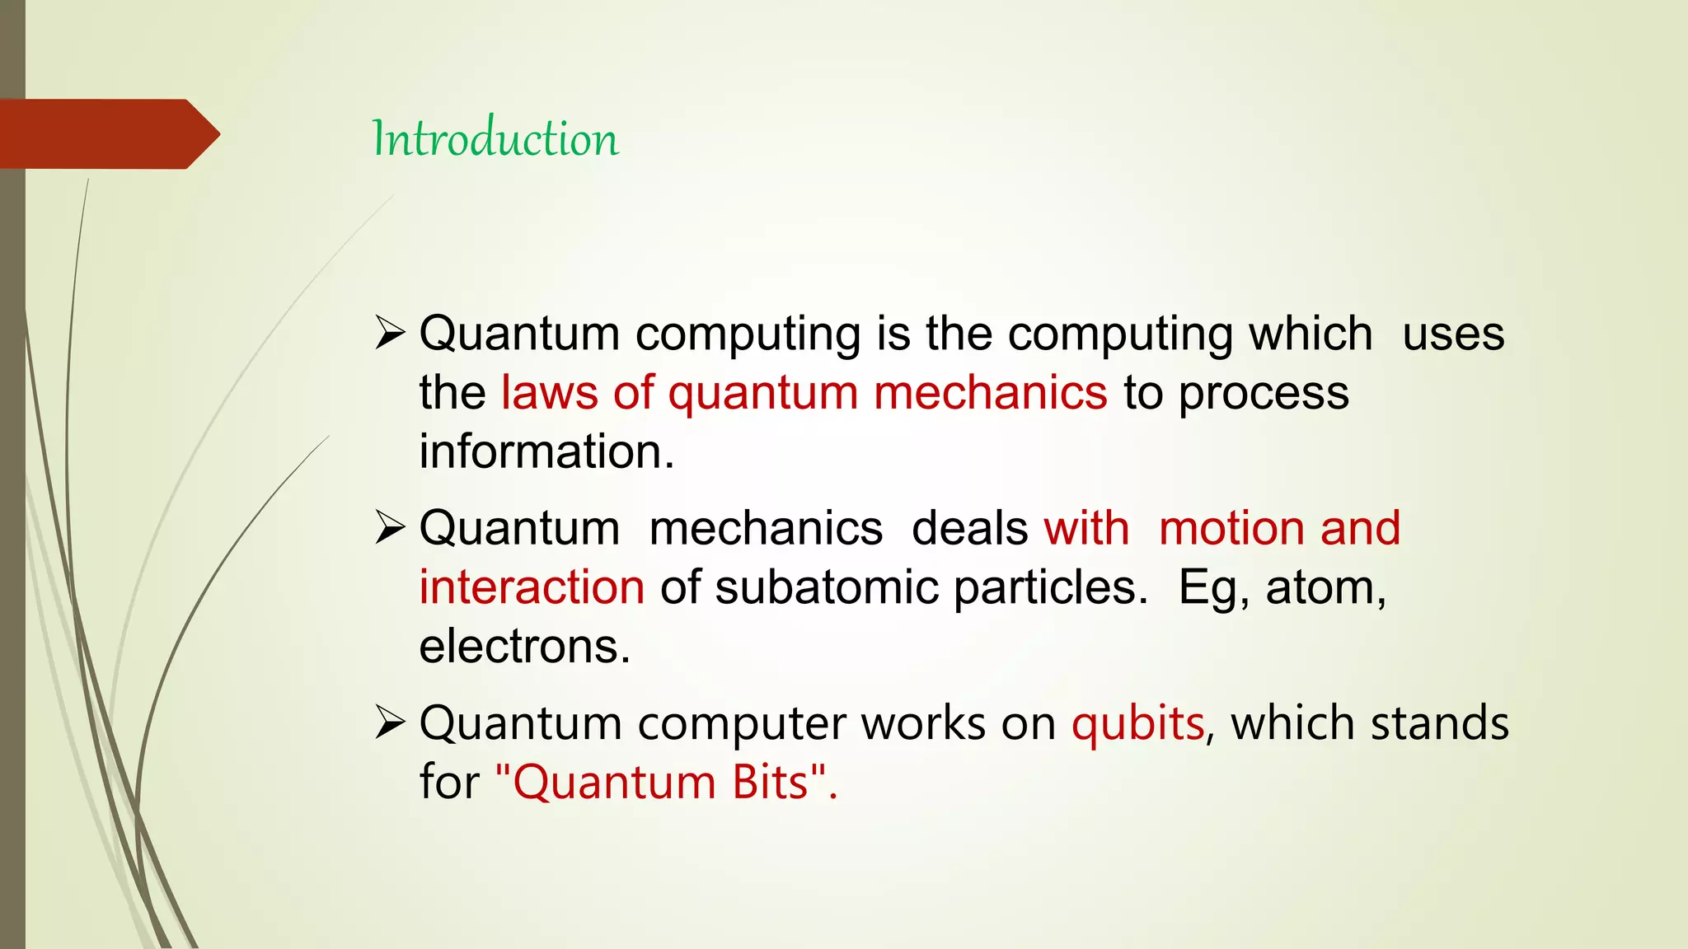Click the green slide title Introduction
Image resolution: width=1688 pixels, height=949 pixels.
tap(495, 138)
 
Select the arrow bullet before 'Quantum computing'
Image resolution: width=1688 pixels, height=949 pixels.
tap(390, 334)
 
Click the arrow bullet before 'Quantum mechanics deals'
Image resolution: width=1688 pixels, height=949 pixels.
tap(390, 528)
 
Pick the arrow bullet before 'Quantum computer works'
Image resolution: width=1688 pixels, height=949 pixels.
tap(390, 722)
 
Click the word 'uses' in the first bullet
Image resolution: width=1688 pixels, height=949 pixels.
tap(1453, 334)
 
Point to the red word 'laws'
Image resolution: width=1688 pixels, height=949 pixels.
tap(549, 392)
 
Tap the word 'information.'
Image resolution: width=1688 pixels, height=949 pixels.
tap(546, 451)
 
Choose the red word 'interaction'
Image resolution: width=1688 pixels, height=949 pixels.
tap(532, 587)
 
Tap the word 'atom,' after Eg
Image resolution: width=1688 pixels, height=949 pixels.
tap(1326, 587)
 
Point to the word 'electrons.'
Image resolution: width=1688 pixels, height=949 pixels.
tap(524, 647)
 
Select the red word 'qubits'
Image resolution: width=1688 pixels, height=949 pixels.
tap(1137, 723)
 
